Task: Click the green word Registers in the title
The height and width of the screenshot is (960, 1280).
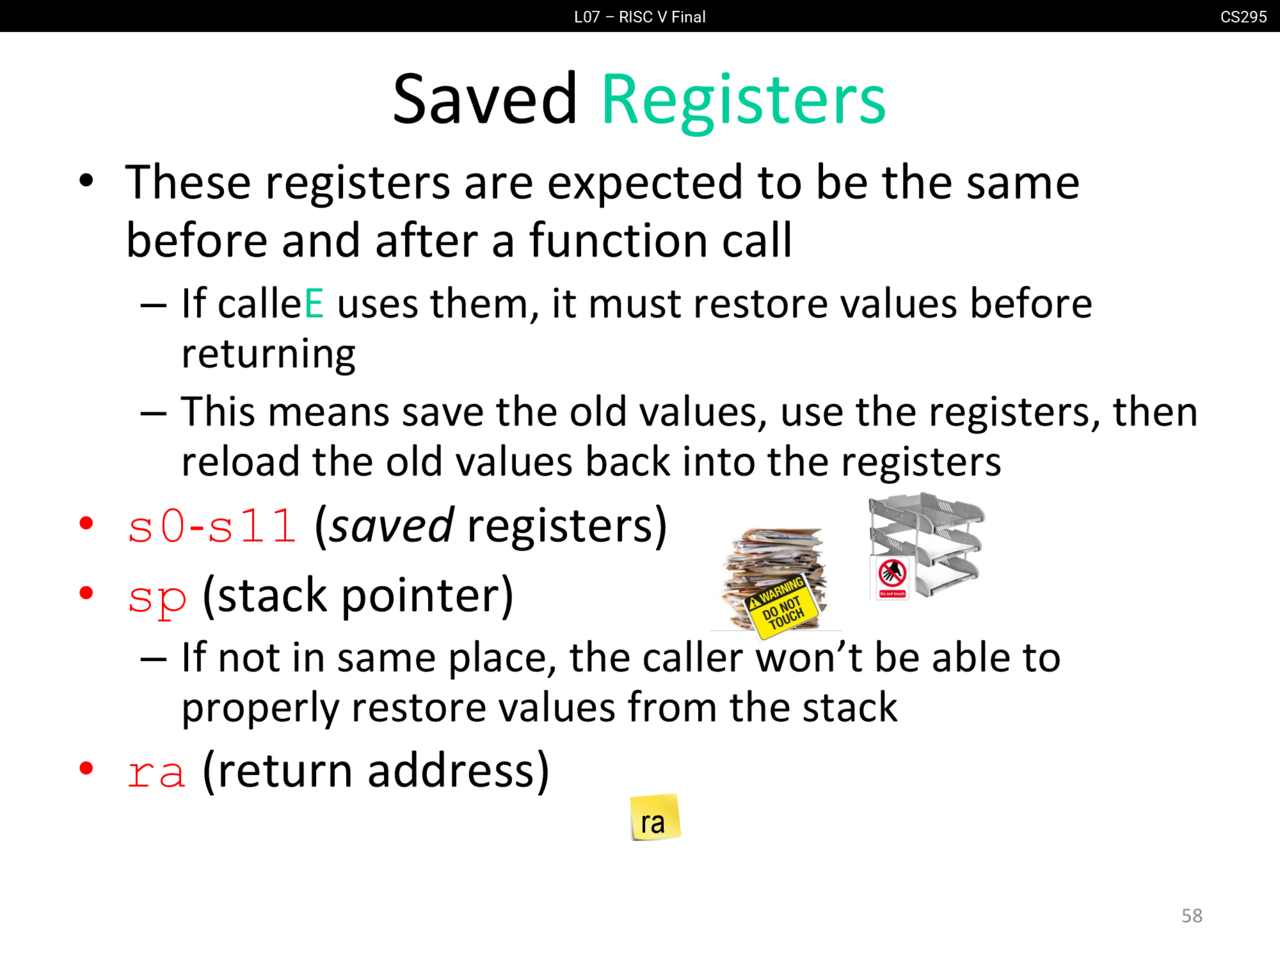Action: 744,101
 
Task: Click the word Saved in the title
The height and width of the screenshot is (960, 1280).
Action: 485,98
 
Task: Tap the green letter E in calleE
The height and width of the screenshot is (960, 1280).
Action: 314,304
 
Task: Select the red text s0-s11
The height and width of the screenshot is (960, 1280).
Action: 212,526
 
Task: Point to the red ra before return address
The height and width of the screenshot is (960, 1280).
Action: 157,773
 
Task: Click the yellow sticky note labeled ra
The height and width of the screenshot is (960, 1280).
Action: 655,817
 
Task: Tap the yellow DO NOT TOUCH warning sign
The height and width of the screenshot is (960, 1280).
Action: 781,607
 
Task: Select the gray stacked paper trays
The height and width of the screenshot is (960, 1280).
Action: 927,546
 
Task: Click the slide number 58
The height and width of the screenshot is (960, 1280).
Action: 1192,916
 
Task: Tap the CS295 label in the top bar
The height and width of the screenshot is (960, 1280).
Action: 1243,17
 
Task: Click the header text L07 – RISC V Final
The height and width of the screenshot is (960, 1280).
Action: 640,17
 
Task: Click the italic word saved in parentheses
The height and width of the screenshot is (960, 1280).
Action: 391,526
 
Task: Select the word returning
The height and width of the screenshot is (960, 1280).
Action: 268,354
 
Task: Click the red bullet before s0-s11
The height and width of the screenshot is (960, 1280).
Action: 86,523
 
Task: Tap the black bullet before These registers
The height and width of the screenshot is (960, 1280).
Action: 86,181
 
